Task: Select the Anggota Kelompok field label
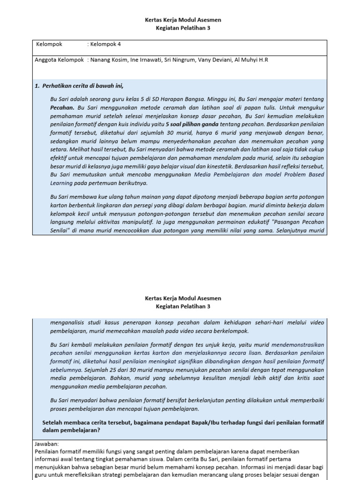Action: pyautogui.click(x=60, y=60)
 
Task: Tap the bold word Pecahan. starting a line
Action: pyautogui.click(x=62, y=108)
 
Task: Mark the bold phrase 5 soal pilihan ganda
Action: pyautogui.click(x=192, y=125)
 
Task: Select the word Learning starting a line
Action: pyautogui.click(x=61, y=183)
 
